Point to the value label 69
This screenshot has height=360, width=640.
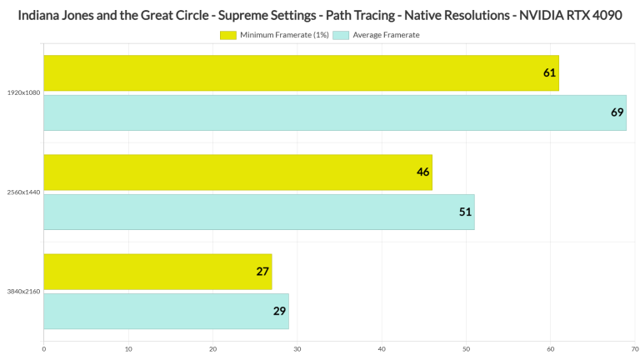click(617, 112)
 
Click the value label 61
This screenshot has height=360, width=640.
click(550, 73)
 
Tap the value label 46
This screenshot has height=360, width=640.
click(422, 172)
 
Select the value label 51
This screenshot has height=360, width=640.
click(465, 212)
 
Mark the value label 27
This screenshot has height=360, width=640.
click(263, 272)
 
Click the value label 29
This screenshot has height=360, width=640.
click(280, 311)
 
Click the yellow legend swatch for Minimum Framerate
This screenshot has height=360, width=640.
click(227, 35)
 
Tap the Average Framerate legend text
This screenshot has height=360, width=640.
click(386, 35)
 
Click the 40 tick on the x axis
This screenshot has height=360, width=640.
click(382, 349)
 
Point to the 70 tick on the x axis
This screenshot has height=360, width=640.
click(634, 349)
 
